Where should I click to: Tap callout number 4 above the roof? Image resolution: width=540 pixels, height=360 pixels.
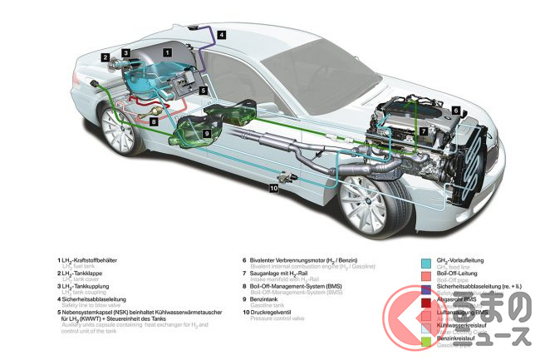click(222, 36)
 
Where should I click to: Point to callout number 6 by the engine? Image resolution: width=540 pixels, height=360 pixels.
click(455, 110)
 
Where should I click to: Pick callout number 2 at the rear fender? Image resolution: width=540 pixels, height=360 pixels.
click(106, 57)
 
